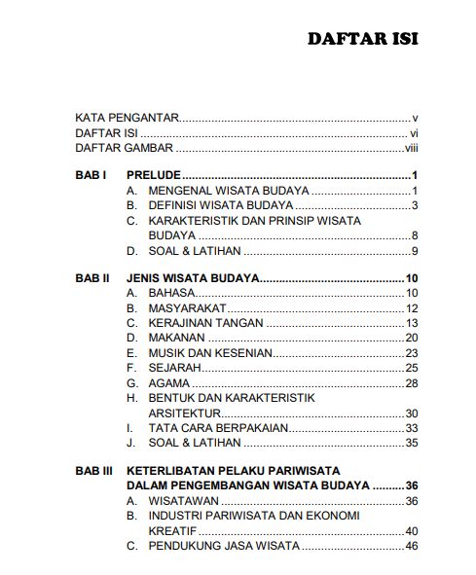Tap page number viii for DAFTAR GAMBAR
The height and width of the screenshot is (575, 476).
point(411,149)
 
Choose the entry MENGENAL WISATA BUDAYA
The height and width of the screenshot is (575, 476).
point(229,191)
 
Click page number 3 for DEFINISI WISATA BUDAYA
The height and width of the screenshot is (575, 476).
point(414,206)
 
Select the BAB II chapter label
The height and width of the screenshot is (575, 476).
point(92,278)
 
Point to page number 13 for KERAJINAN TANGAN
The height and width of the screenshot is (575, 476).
point(411,323)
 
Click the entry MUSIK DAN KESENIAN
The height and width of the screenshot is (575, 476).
point(209,353)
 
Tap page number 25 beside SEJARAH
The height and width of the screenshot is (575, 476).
point(411,368)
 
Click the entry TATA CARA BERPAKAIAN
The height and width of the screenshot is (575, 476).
point(214,427)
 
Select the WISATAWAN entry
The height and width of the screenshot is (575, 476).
point(182,501)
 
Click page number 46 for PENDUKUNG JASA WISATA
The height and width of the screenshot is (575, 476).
point(411,546)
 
